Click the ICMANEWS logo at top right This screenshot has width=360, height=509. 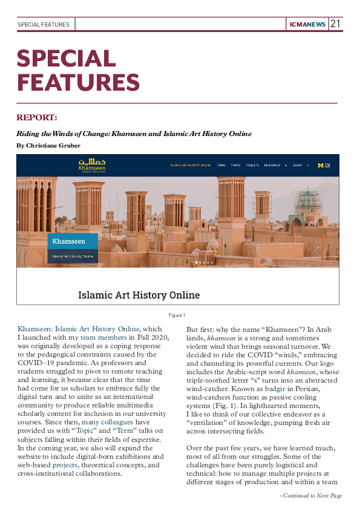pos(308,25)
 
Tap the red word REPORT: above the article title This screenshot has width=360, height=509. pos(37,117)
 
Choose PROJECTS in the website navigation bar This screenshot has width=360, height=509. pos(252,165)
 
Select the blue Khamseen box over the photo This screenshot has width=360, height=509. pos(73,241)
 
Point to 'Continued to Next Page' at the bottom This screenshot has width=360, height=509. pos(310,496)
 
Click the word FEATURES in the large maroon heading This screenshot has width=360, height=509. pos(78,82)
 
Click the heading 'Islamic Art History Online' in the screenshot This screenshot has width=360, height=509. pos(139,296)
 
